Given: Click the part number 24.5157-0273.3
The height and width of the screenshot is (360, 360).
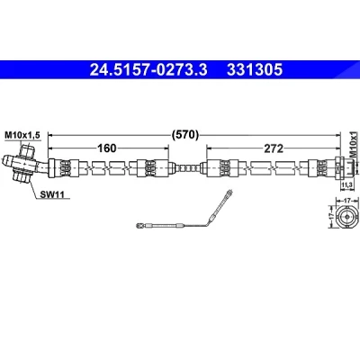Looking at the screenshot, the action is tap(148, 70).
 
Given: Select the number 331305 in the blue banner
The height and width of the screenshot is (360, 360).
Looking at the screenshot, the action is tap(255, 70).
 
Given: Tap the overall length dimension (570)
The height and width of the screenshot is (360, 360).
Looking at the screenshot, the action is tap(185, 135).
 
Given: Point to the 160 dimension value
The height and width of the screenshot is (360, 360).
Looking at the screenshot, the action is tap(107, 148).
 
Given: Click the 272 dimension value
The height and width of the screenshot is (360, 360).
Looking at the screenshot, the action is tap(274, 148).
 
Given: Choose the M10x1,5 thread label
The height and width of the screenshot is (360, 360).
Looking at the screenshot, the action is tap(22, 136).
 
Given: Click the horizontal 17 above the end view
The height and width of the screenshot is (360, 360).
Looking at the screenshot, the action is tap(347, 200).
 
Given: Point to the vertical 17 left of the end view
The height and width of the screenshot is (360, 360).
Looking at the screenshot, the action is tap(332, 216).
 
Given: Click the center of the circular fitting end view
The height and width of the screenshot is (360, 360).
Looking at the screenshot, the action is tap(347, 216).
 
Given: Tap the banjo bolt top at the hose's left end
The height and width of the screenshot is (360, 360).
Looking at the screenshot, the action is tap(27, 149).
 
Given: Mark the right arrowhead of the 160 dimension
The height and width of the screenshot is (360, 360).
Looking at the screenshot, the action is tap(166, 148).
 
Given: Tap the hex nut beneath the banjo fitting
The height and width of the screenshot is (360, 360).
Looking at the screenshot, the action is tap(21, 175).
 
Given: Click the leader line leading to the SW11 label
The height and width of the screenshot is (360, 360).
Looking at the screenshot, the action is tap(33, 188).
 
